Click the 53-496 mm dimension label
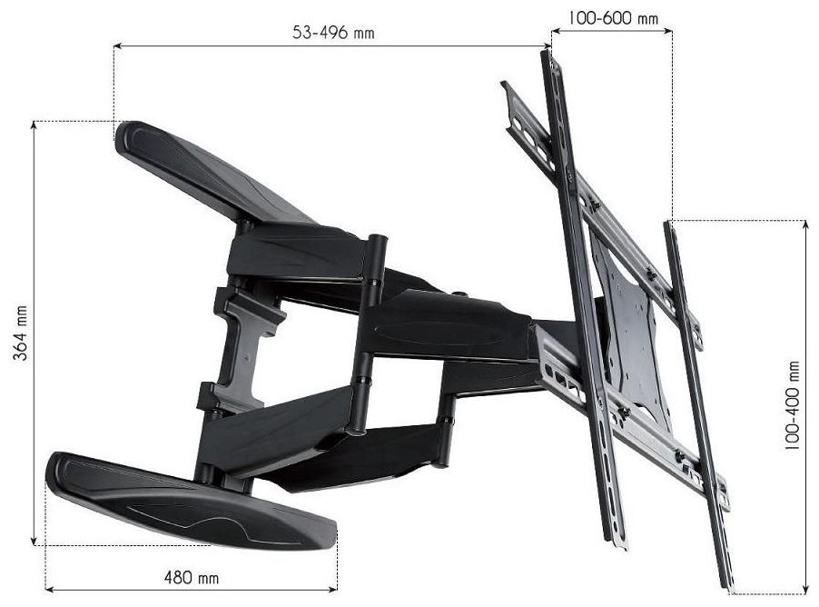333,33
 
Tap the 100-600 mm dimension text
613,18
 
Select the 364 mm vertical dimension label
20,333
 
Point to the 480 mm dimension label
192,578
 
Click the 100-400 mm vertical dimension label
792,404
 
